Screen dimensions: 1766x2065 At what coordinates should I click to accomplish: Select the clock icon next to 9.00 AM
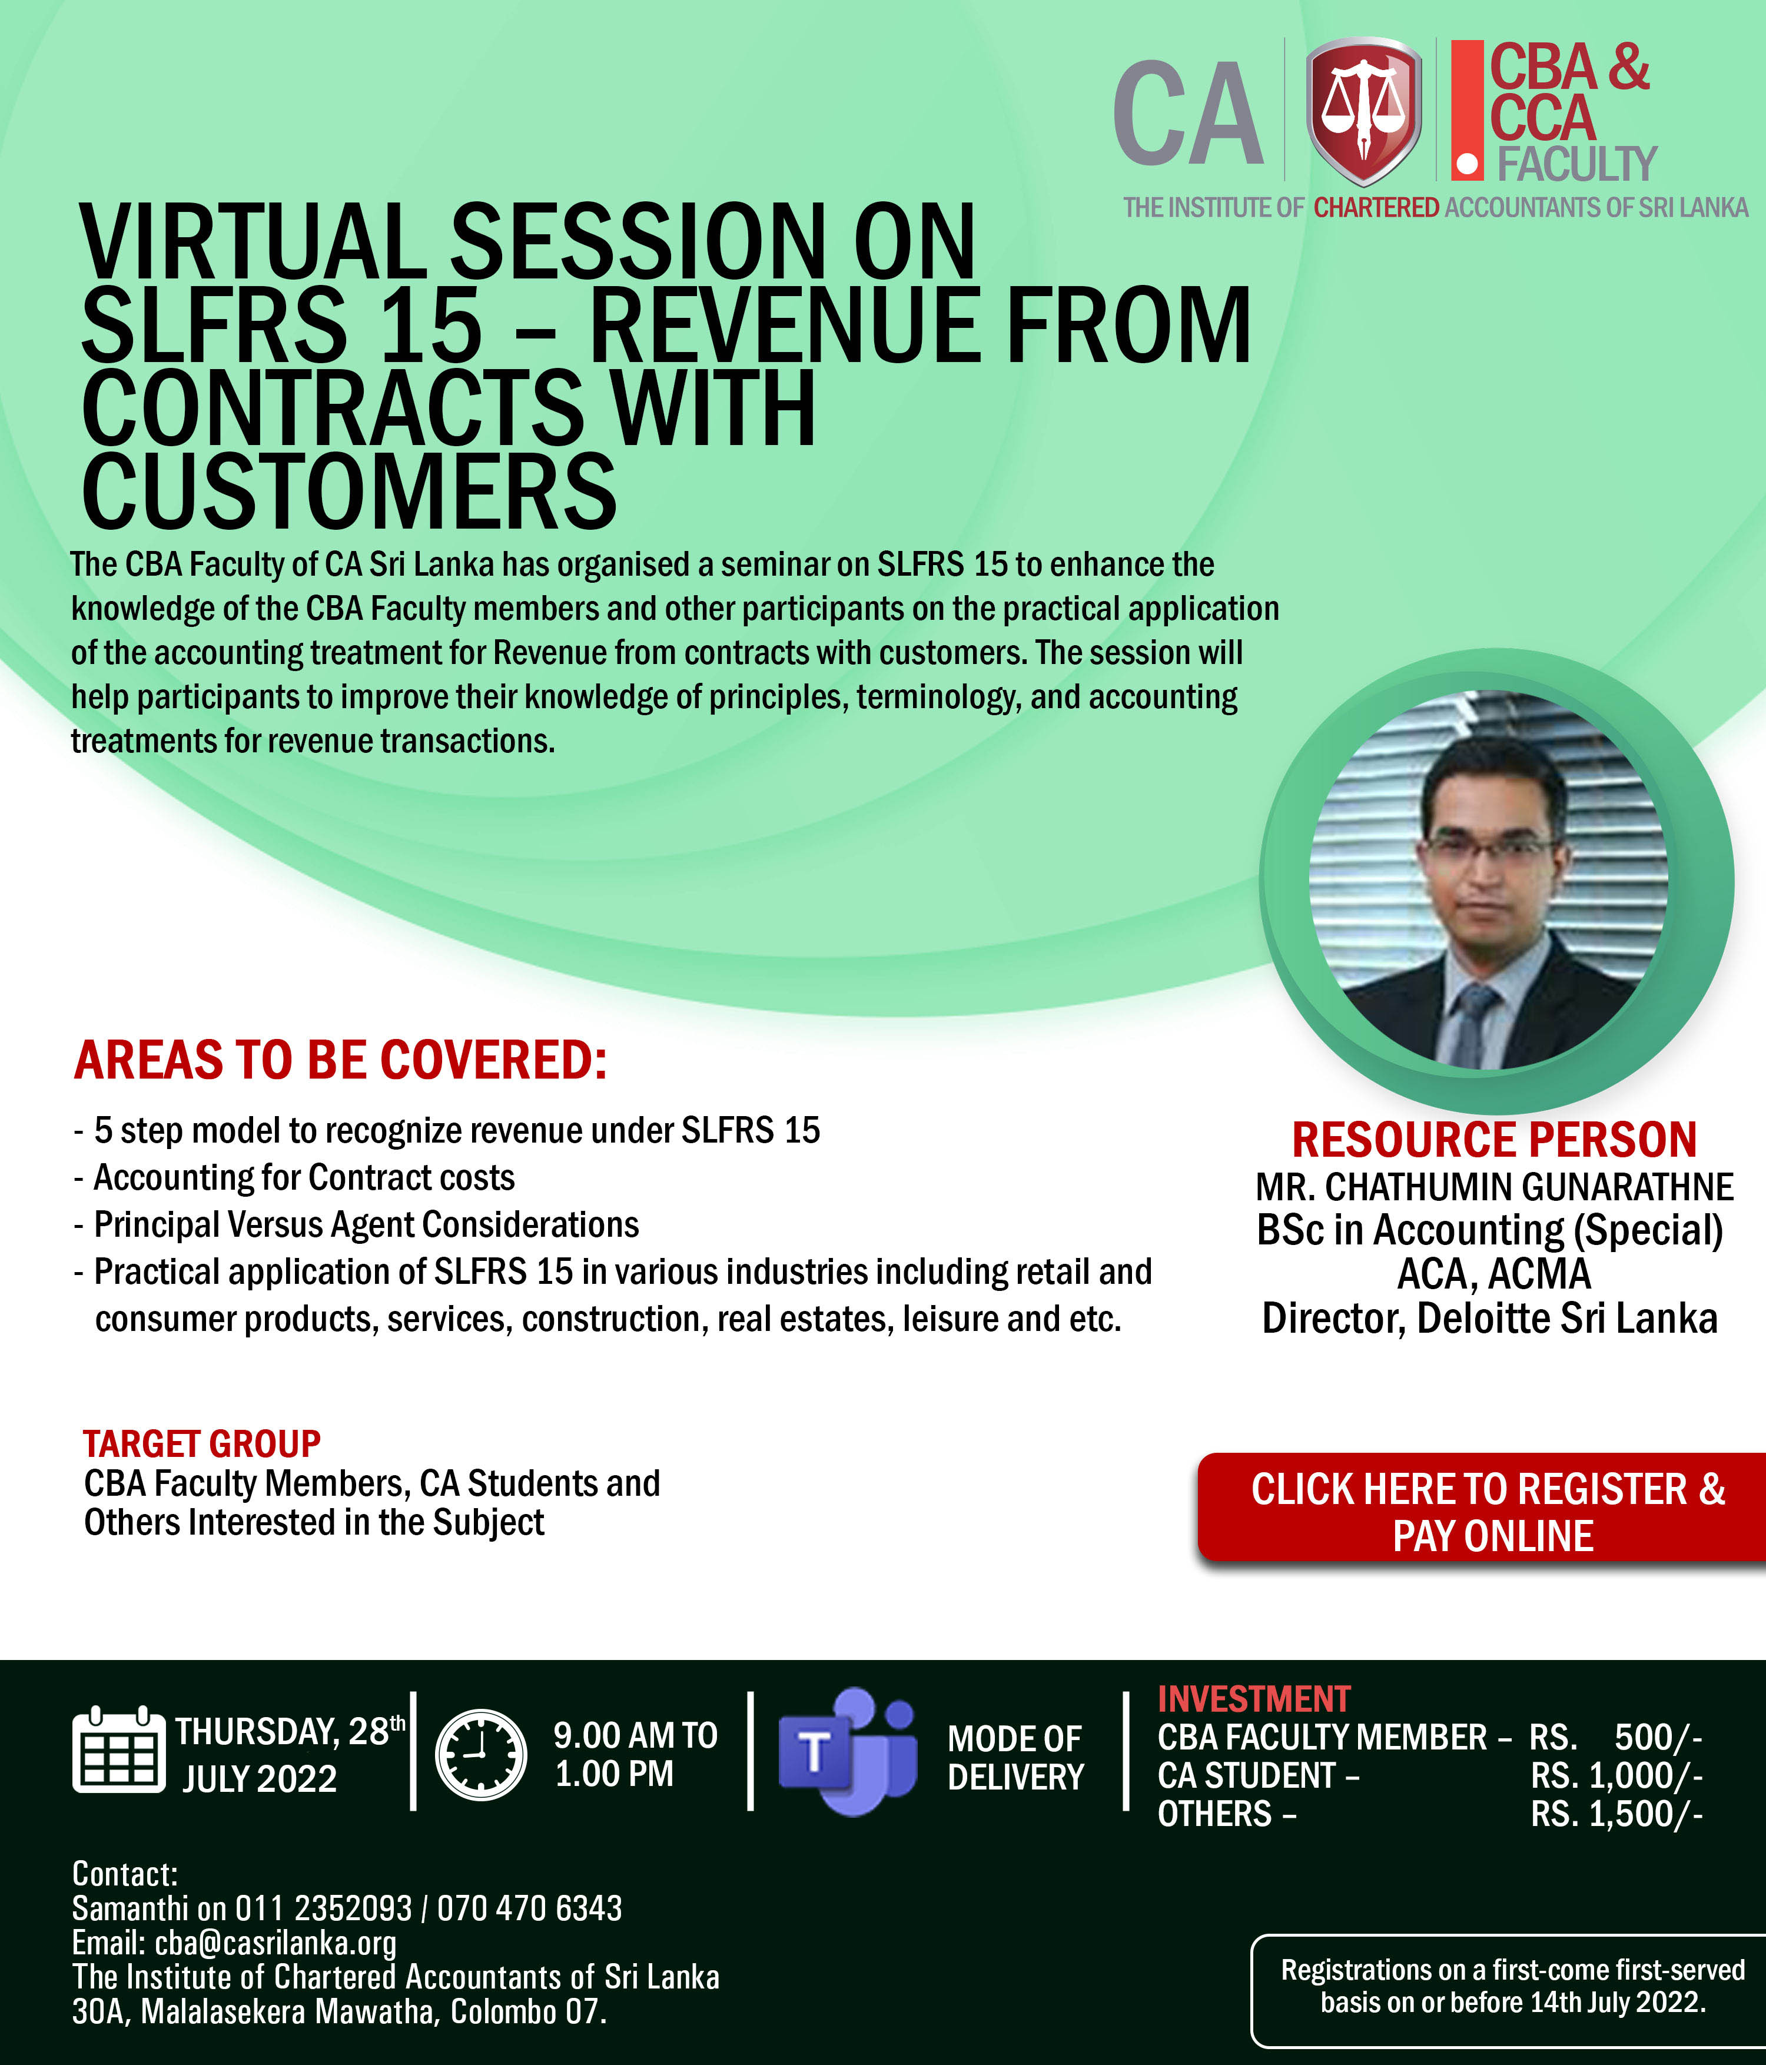click(482, 1755)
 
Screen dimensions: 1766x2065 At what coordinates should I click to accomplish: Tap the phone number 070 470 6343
click(529, 1908)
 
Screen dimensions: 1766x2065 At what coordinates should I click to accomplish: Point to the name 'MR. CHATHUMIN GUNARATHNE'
click(1494, 1187)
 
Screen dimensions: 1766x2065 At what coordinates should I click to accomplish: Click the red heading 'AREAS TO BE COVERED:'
click(340, 1060)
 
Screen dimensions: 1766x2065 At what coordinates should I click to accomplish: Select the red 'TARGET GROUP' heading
click(201, 1443)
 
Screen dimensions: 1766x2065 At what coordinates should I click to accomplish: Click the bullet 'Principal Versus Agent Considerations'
click(366, 1225)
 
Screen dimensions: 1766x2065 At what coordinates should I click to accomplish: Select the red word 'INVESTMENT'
click(1254, 1699)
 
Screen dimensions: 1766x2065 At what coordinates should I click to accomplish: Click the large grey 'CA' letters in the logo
click(1188, 112)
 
